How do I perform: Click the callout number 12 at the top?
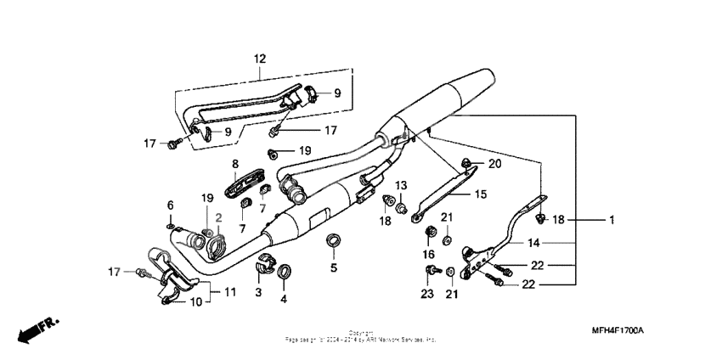click(259, 59)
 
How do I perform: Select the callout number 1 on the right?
click(610, 220)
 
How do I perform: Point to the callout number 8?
click(235, 163)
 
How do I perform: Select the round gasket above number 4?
click(284, 271)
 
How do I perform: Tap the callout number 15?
click(480, 194)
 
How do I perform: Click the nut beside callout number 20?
click(467, 162)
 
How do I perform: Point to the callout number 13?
click(401, 185)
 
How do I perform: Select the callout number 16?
click(429, 254)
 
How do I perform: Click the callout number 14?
click(533, 242)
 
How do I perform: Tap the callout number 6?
click(170, 205)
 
